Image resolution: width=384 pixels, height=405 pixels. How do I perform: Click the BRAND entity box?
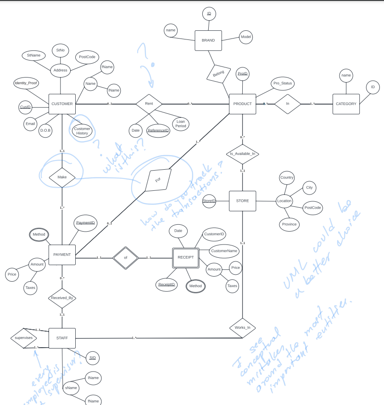tap(208, 40)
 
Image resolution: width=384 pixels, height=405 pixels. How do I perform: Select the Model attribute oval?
tap(245, 37)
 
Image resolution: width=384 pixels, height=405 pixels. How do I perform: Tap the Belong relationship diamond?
tap(218, 74)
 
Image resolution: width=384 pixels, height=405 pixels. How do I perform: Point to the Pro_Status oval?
tap(282, 83)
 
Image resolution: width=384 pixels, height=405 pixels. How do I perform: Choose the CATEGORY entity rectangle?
tap(346, 104)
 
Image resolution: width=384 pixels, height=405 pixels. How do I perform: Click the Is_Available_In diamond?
tap(242, 154)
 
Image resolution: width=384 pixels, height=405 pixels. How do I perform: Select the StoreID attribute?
tap(209, 201)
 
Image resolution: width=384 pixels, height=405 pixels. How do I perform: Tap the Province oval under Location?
tap(289, 224)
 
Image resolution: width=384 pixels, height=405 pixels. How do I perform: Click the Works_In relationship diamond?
tap(242, 327)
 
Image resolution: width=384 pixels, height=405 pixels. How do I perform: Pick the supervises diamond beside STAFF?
tap(23, 338)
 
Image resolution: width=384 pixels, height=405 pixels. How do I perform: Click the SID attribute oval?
tap(92, 358)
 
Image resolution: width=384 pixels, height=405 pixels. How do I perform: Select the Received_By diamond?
tap(62, 298)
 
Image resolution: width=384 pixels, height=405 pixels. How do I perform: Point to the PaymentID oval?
tap(85, 223)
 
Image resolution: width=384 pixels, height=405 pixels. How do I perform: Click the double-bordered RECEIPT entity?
tap(186, 258)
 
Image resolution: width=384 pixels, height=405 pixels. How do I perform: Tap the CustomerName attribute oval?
tap(224, 251)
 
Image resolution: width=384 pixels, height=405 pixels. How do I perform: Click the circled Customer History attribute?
tap(82, 131)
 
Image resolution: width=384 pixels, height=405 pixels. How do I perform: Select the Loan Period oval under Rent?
tap(180, 123)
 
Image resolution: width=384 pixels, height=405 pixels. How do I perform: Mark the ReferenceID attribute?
tap(158, 131)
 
